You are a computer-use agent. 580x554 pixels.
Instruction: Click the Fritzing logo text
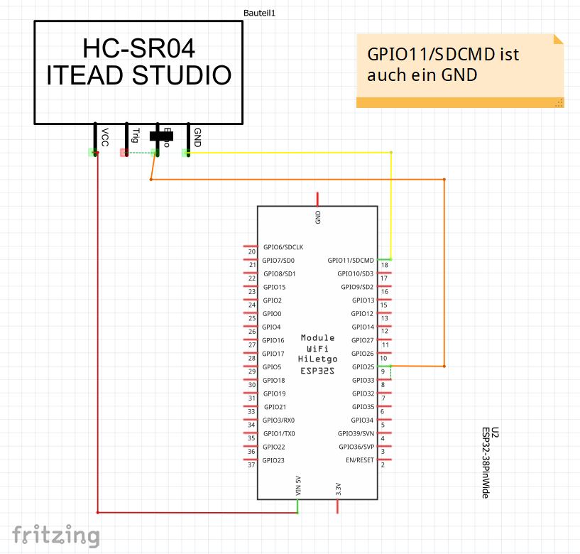(55, 535)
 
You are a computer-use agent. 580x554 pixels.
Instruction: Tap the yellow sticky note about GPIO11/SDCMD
(460, 70)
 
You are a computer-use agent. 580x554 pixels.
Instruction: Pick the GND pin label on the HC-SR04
(197, 137)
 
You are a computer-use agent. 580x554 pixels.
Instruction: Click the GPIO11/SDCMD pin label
(351, 261)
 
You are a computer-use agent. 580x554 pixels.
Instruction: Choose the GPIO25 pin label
(362, 367)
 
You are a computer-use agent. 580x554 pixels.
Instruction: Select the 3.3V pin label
(339, 489)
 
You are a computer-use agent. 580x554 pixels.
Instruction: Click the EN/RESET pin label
(359, 460)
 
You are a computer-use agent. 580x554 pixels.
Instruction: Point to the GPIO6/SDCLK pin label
(283, 247)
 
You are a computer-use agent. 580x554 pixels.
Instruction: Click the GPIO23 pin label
(273, 460)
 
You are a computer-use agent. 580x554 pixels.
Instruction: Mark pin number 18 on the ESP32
(384, 266)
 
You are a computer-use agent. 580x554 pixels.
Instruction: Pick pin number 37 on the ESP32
(251, 465)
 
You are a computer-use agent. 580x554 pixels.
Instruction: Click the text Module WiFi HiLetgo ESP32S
(317, 354)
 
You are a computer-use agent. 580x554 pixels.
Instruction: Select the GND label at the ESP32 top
(318, 217)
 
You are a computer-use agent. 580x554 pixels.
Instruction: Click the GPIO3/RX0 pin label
(278, 420)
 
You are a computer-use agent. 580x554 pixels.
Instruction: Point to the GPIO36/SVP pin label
(356, 447)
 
